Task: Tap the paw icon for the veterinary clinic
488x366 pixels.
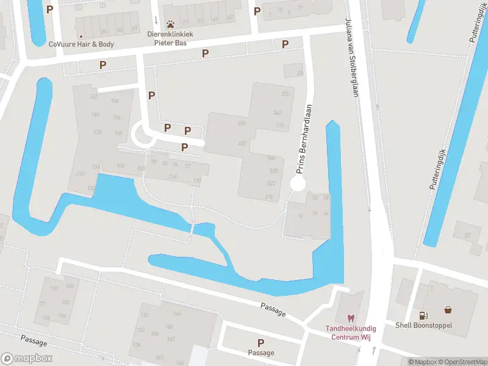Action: point(171,25)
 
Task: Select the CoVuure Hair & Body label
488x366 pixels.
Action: point(81,44)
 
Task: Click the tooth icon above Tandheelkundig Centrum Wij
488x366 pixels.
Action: point(350,318)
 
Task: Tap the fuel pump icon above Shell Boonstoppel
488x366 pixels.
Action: point(423,315)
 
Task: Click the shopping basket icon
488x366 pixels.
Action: point(448,309)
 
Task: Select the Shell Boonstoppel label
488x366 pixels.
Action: point(423,325)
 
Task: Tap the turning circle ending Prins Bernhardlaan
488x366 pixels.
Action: point(298,184)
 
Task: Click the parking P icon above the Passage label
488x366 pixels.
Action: point(261,343)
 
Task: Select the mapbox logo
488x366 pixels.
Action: point(27,359)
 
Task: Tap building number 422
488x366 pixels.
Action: point(242,143)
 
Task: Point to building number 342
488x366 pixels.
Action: point(278,113)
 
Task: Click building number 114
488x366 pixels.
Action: point(173,177)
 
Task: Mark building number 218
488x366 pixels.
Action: point(81,174)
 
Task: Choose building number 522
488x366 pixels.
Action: point(271,182)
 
